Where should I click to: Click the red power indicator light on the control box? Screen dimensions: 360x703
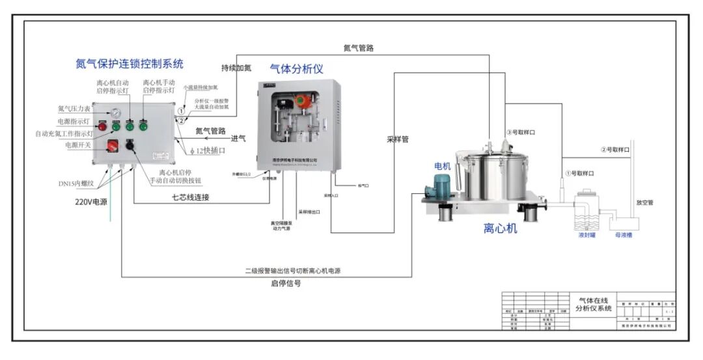click(x=102, y=126)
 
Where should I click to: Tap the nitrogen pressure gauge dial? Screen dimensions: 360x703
click(x=116, y=113)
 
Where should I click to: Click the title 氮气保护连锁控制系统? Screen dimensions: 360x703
click(x=130, y=64)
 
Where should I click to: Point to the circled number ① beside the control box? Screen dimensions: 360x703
click(x=182, y=111)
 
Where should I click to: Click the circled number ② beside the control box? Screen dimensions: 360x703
click(x=182, y=120)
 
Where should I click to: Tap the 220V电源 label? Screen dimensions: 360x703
click(x=90, y=201)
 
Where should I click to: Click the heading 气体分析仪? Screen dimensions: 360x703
click(x=296, y=68)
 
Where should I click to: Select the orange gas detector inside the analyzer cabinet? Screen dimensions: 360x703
click(x=301, y=102)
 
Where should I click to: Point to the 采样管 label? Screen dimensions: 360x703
click(x=398, y=139)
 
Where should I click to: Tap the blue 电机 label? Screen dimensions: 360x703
click(x=443, y=167)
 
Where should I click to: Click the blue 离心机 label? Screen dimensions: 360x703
click(x=500, y=228)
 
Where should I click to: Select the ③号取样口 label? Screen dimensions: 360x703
click(x=521, y=133)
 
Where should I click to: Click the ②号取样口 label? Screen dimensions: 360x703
click(x=615, y=150)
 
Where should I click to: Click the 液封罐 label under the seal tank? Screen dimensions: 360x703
click(x=586, y=235)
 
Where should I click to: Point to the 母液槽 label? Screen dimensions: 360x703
click(x=624, y=235)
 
